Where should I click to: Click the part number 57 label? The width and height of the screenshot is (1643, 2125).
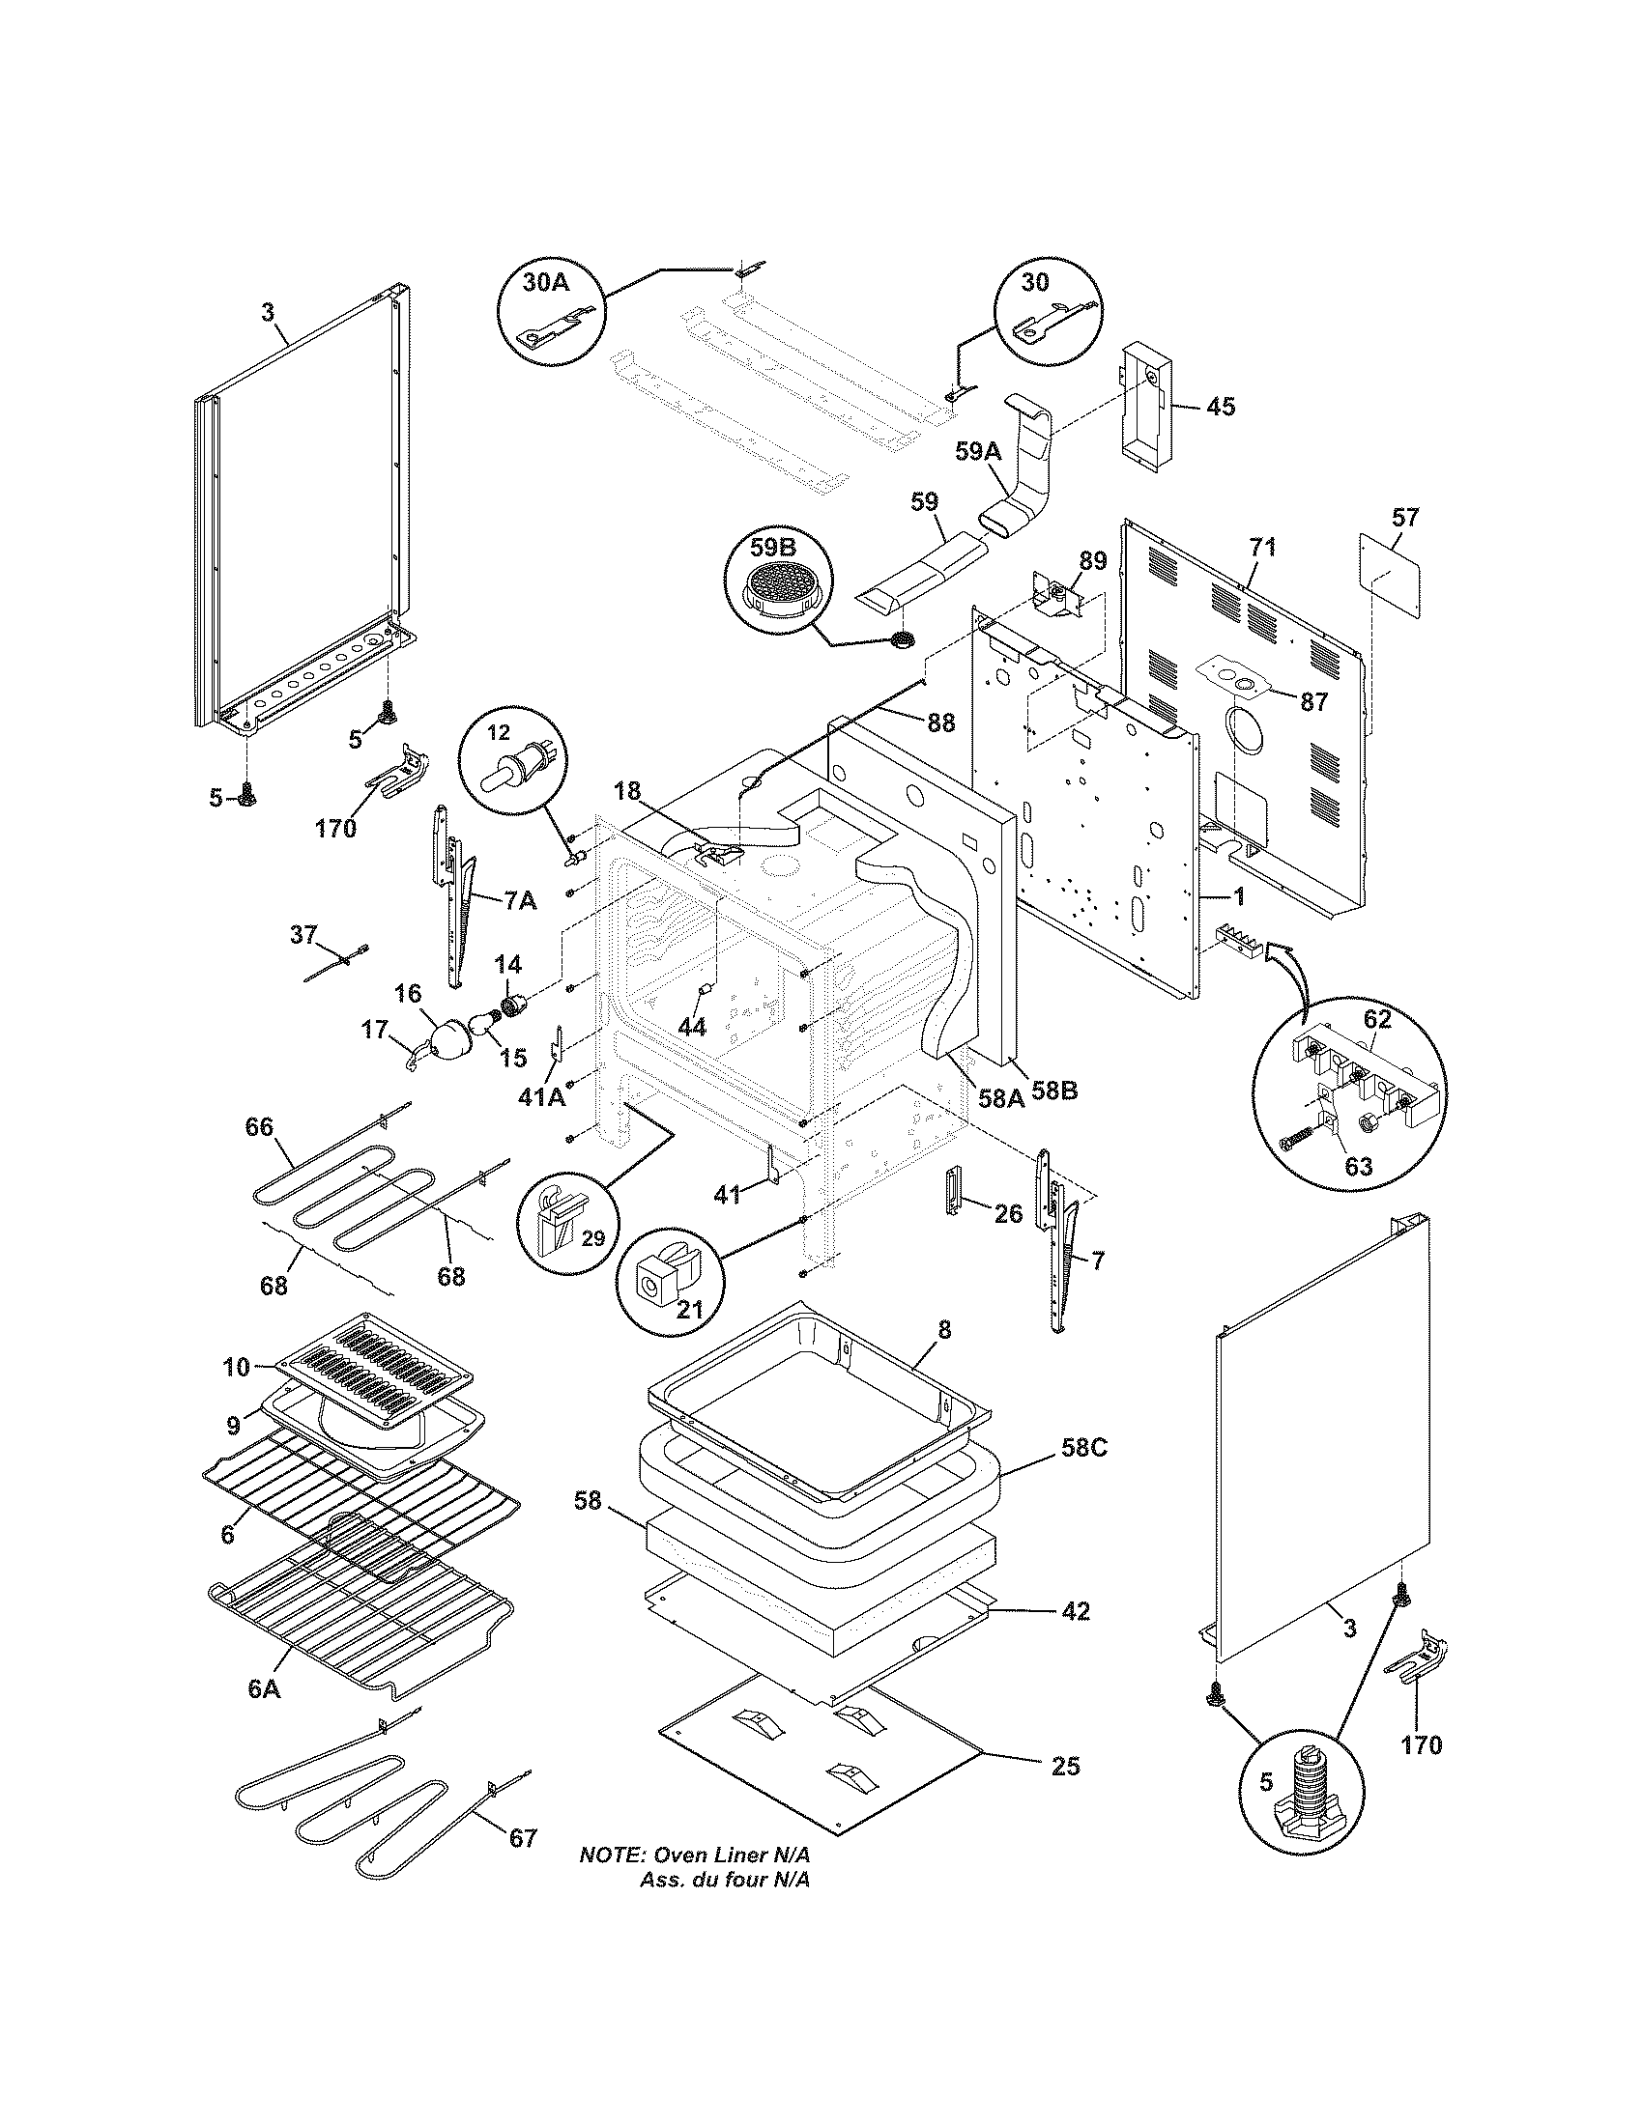click(1404, 517)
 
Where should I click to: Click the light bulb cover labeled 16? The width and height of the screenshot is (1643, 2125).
click(448, 1039)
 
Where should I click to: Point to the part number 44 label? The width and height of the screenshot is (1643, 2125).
click(692, 1027)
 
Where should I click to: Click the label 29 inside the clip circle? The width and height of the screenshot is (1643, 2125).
click(591, 1238)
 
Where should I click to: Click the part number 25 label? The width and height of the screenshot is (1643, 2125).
click(1066, 1765)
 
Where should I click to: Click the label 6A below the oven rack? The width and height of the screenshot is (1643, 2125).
click(263, 1689)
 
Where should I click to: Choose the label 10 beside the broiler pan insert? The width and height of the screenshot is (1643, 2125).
click(236, 1367)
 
